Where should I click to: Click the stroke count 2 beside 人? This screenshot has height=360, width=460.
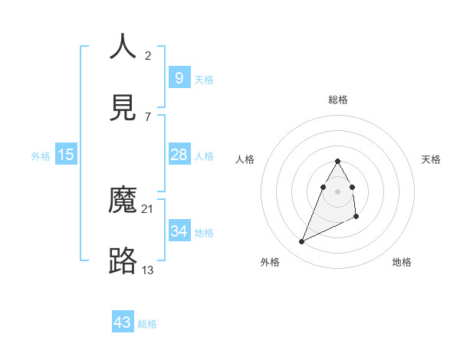[x=148, y=55]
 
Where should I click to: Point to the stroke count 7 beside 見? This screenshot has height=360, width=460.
[x=148, y=116]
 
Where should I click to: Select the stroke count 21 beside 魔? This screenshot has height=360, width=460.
[x=148, y=208]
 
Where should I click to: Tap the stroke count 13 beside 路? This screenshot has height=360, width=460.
[x=148, y=270]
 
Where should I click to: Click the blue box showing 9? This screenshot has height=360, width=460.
[x=179, y=77]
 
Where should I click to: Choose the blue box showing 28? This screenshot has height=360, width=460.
[x=179, y=155]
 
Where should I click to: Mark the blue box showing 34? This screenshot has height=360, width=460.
[x=179, y=231]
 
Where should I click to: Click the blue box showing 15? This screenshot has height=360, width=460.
[x=66, y=155]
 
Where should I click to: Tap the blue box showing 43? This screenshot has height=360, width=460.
[x=123, y=322]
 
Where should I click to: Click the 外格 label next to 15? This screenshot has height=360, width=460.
[x=41, y=156]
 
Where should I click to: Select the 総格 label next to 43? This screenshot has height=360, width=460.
[x=147, y=324]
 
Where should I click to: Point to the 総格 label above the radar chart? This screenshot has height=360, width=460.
[x=338, y=100]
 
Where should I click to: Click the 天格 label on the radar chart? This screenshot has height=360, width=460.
[x=432, y=159]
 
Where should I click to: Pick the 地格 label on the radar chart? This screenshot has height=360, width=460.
[x=402, y=262]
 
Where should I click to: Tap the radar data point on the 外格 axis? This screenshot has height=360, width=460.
[x=301, y=242]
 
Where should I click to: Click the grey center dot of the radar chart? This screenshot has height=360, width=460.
[x=337, y=191]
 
